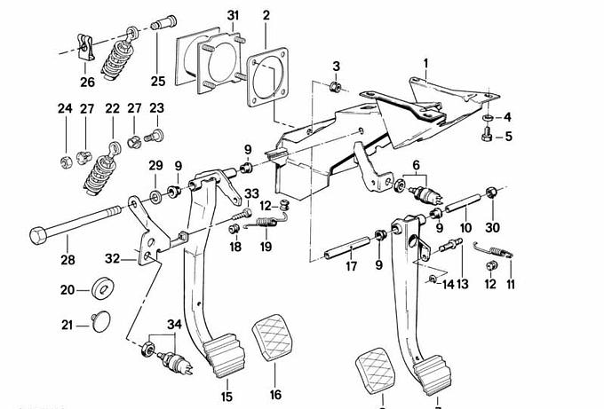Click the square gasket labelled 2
[268, 75]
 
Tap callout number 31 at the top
[233, 16]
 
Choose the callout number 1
[425, 63]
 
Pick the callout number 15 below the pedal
[226, 396]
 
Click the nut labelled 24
[67, 161]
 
